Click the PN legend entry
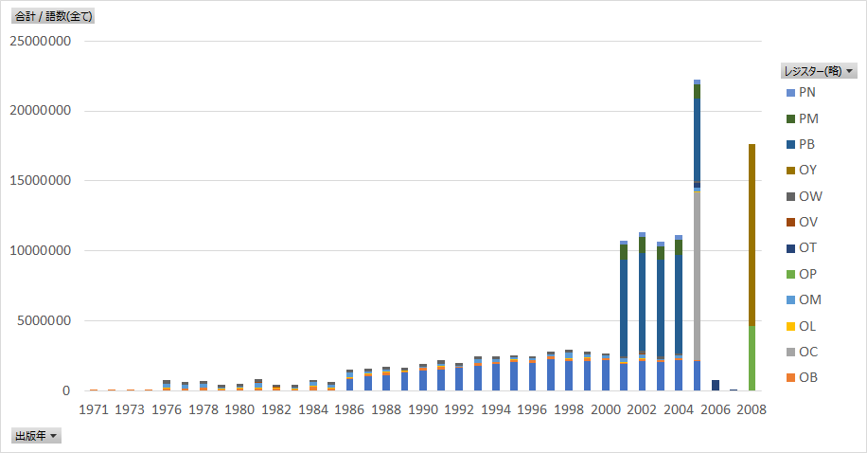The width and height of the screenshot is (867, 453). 806,93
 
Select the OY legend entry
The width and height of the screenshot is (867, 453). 806,171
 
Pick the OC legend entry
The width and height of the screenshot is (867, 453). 806,352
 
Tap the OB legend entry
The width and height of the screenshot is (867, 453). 806,378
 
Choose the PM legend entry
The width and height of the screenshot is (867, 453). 806,118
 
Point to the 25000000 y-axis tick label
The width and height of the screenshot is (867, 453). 40,41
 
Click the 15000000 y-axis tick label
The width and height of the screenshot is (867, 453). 40,181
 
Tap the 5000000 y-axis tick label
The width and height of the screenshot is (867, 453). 44,321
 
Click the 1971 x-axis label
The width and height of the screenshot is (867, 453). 93,409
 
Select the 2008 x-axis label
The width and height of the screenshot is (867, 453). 752,409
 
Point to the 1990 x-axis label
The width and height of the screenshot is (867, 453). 422,409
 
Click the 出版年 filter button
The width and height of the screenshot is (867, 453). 36,436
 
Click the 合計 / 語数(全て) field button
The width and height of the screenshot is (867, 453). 54,16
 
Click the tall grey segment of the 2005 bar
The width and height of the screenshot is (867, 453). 697,275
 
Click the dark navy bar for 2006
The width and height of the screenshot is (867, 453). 715,385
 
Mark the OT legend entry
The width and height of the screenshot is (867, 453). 806,248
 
